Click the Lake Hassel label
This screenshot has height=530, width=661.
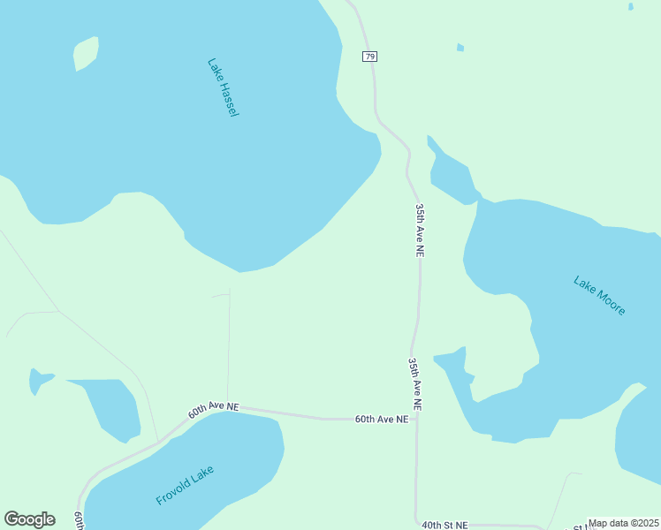click(x=223, y=87)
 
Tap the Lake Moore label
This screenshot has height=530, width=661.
click(x=599, y=296)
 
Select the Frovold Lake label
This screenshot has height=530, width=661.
click(x=185, y=485)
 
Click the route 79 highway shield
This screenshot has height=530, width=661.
click(x=369, y=57)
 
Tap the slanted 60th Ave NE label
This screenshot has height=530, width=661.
click(x=213, y=409)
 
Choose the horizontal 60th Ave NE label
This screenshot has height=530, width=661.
click(x=382, y=420)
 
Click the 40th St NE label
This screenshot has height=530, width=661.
click(x=444, y=525)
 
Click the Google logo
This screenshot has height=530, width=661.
click(x=29, y=519)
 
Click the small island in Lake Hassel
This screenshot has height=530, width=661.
click(x=86, y=52)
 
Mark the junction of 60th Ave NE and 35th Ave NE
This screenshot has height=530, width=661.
click(x=417, y=419)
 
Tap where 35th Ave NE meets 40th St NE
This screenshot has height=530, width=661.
click(x=416, y=523)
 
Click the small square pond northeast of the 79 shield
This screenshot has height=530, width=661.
click(x=460, y=47)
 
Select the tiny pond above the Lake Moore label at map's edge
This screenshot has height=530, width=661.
click(x=630, y=6)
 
